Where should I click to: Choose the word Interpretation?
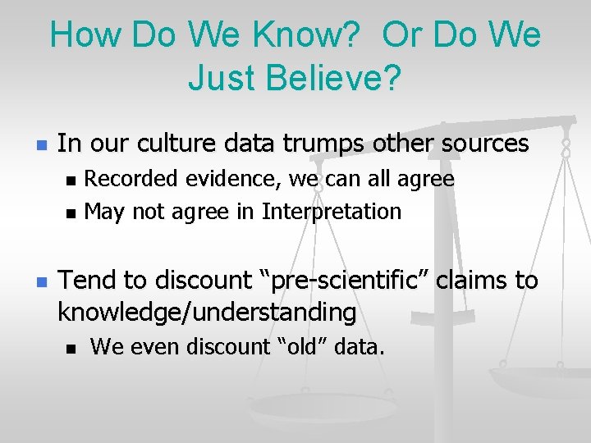click(x=332, y=212)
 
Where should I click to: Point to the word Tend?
click(x=86, y=281)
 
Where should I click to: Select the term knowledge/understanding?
click(x=207, y=313)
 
